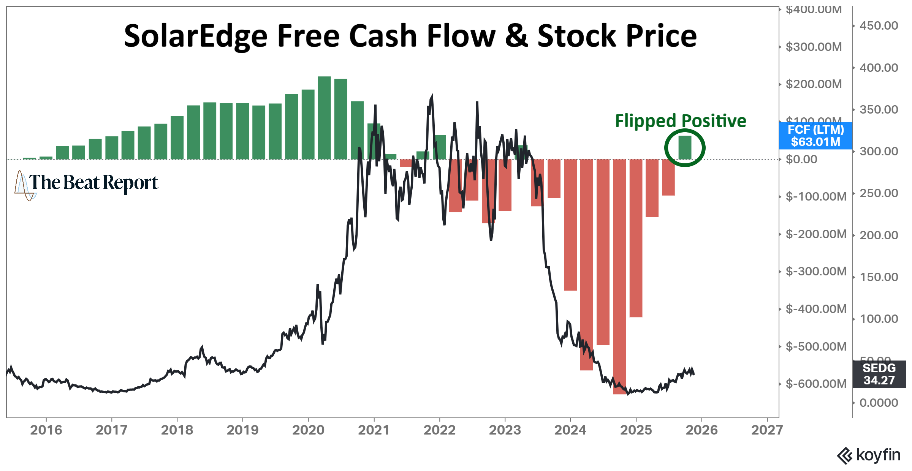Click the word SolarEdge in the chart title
(x=196, y=36)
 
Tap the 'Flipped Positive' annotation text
(x=681, y=121)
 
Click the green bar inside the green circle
(x=685, y=147)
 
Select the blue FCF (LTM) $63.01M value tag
(x=815, y=136)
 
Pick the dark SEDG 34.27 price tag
(x=879, y=374)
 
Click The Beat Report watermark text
(x=93, y=183)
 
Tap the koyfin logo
(x=869, y=455)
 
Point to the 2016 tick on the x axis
(x=46, y=430)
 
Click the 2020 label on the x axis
(x=308, y=430)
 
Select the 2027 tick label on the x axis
(x=767, y=430)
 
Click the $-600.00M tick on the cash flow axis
(x=816, y=384)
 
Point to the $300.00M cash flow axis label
(x=814, y=47)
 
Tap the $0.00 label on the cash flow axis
(x=801, y=159)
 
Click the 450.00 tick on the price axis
(x=879, y=26)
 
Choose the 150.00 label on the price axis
(x=879, y=277)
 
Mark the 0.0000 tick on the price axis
(x=879, y=403)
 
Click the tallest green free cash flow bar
(x=324, y=118)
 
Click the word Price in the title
(x=661, y=36)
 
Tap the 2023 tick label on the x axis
(x=505, y=430)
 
